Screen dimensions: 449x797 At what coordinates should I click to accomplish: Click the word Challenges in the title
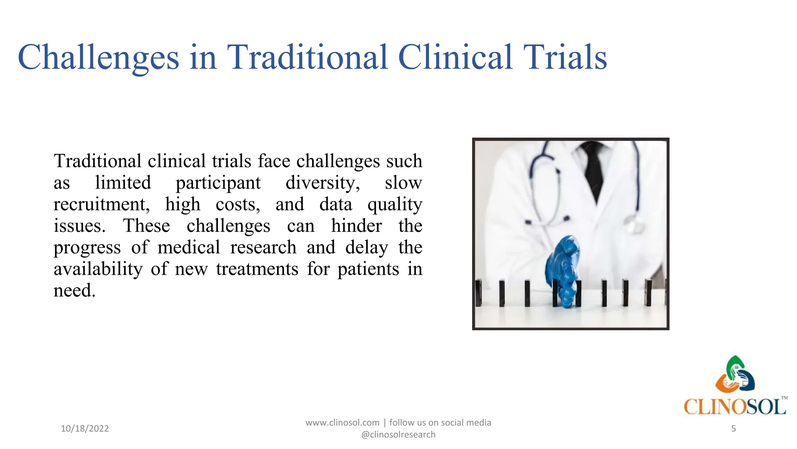coord(98,58)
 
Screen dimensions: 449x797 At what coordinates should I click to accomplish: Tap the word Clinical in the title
coord(455,58)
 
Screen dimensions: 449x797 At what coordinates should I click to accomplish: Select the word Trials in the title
coord(565,58)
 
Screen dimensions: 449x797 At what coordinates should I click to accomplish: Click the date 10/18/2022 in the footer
coord(85,428)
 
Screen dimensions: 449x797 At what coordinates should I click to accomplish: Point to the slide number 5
coord(733,428)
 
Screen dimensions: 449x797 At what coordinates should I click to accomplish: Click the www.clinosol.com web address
coord(342,422)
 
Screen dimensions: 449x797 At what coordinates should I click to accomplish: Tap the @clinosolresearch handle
coord(398,435)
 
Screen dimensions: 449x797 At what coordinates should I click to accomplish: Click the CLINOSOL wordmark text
coord(735,407)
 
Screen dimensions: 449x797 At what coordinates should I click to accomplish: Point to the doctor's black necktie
coord(593,168)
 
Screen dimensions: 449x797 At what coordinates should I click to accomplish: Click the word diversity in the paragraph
coord(323,183)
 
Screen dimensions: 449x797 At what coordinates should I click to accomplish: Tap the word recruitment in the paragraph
coord(101,205)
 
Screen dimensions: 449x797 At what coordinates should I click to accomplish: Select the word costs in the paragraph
coord(238,205)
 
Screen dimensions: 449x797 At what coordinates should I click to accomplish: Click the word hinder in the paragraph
coord(356,226)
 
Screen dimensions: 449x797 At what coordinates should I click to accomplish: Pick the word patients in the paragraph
coord(368,269)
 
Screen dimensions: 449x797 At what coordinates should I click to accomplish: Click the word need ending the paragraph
coord(74,291)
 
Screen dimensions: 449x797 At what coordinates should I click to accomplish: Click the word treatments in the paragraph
coord(257,269)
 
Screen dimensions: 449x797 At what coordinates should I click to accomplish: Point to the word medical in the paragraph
coord(189,247)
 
